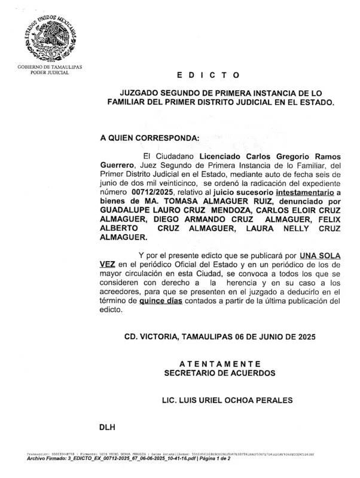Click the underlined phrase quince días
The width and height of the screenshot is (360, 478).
click(161, 302)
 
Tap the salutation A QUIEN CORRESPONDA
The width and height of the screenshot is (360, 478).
click(150, 137)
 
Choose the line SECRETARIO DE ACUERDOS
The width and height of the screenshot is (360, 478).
click(219, 373)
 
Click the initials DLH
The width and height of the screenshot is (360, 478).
click(108, 428)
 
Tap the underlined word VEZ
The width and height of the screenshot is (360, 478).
click(108, 263)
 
